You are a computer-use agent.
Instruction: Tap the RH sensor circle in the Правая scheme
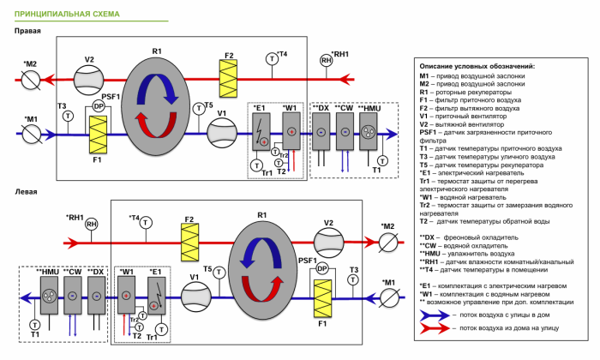[326, 61]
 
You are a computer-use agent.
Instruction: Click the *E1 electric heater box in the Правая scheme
[264, 132]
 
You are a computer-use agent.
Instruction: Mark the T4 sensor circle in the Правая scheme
[272, 58]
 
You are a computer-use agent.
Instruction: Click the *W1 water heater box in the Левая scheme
[127, 297]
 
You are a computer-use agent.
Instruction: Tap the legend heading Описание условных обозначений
[477, 66]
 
